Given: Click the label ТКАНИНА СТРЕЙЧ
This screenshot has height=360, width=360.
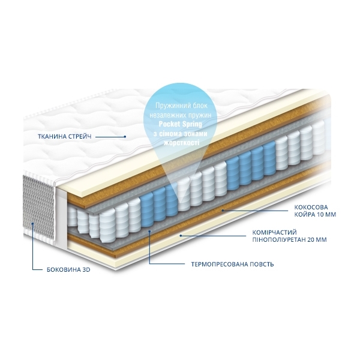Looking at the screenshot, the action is pyautogui.click(x=65, y=136).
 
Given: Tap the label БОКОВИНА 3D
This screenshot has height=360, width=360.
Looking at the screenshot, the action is pyautogui.click(x=68, y=269).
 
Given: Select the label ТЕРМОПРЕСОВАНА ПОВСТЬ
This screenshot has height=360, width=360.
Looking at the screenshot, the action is pyautogui.click(x=232, y=264).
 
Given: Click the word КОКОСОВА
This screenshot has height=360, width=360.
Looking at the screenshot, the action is pyautogui.click(x=311, y=208).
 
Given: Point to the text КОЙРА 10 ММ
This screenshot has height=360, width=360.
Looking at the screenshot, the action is pyautogui.click(x=315, y=215).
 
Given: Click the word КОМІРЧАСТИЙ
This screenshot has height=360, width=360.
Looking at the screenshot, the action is pyautogui.click(x=274, y=233).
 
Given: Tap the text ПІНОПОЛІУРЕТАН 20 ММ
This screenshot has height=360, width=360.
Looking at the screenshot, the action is pyautogui.click(x=289, y=239).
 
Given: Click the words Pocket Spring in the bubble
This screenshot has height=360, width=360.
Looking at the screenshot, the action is pyautogui.click(x=181, y=124).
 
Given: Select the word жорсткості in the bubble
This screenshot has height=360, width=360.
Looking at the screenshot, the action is pyautogui.click(x=181, y=143).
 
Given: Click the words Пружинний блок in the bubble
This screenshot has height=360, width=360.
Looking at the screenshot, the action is pyautogui.click(x=181, y=106).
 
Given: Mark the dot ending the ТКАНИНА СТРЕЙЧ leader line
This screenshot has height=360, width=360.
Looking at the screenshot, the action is pyautogui.click(x=125, y=137).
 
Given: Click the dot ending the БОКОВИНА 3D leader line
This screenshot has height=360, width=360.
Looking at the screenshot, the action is pyautogui.click(x=32, y=223).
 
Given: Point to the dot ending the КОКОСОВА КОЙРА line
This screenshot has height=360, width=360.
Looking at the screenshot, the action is pyautogui.click(x=222, y=210).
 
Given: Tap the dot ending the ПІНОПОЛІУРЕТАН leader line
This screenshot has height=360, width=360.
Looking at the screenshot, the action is pyautogui.click(x=181, y=236).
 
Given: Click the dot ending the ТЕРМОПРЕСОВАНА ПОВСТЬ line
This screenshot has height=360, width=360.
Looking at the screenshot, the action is pyautogui.click(x=149, y=231).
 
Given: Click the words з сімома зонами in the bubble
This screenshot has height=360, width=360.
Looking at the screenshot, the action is pyautogui.click(x=181, y=133).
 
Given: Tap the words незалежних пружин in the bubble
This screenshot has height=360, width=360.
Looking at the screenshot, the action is pyautogui.click(x=181, y=115).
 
